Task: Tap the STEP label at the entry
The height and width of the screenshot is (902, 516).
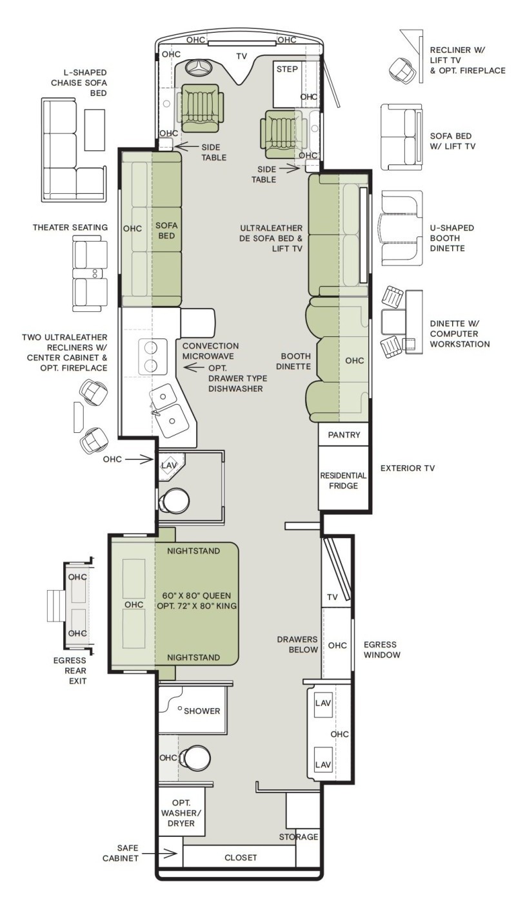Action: tap(287, 70)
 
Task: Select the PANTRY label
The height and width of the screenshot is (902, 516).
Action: tap(344, 435)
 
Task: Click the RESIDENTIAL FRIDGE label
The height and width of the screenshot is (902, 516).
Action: tap(343, 481)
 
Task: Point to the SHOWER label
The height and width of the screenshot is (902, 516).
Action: tap(202, 711)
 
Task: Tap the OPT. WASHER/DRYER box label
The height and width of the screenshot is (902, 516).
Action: tap(181, 813)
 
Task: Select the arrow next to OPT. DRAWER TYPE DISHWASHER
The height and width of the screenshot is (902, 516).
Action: tap(194, 367)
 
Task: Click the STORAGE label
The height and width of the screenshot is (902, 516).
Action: tap(299, 837)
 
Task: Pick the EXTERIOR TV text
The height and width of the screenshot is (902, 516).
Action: tap(408, 468)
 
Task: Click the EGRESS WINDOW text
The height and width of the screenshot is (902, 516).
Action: tap(382, 650)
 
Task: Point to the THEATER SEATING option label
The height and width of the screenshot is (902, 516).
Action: tap(70, 227)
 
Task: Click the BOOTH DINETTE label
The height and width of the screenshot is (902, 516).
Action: tap(296, 361)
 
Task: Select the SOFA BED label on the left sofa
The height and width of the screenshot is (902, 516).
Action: tap(166, 231)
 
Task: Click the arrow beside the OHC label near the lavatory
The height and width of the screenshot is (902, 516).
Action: tap(139, 459)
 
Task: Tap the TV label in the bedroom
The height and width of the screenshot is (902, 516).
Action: tap(333, 597)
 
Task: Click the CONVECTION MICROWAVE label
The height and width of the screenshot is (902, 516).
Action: tap(210, 351)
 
